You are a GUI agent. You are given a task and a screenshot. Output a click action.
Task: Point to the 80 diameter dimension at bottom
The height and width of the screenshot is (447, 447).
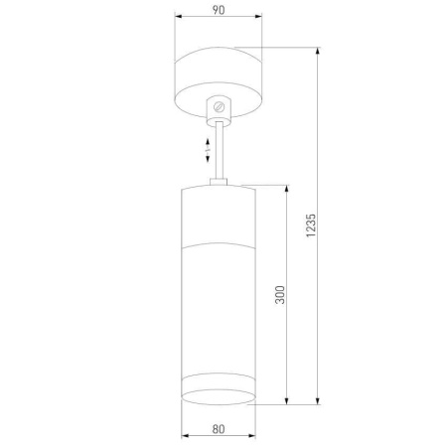pos(218,428)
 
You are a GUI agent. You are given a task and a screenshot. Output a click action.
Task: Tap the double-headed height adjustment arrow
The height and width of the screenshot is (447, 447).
pos(206,151)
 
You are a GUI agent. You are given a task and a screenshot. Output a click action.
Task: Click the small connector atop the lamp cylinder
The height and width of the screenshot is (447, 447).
pos(219,181)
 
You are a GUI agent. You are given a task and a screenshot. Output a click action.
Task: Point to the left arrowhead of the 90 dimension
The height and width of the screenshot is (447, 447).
pos(177,17)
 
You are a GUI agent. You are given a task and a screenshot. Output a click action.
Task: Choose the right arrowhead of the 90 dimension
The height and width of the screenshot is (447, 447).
pos(259,17)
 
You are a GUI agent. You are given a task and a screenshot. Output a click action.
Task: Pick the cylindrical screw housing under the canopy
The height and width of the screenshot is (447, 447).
pos(219,108)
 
